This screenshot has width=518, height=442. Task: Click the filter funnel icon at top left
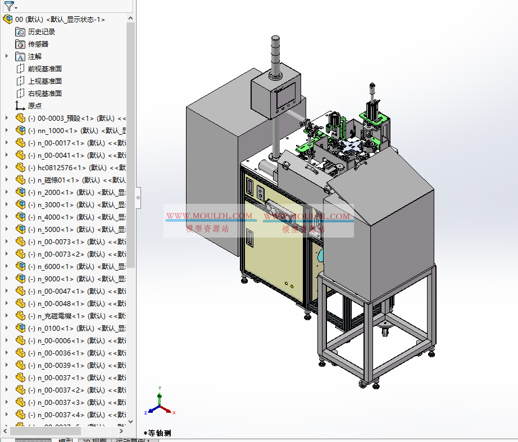click(8, 6)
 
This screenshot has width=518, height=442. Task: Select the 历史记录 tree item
click(42, 32)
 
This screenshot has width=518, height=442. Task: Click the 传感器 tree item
click(38, 44)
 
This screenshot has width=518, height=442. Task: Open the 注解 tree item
click(35, 57)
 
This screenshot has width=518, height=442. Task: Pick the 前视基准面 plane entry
click(45, 69)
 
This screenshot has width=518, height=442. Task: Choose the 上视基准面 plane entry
click(45, 81)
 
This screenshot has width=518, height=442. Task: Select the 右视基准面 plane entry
click(45, 94)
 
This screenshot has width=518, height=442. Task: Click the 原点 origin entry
click(35, 106)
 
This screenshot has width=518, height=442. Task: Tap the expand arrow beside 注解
click(7, 57)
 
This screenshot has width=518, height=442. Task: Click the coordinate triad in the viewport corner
click(160, 404)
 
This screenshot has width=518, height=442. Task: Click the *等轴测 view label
click(157, 433)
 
